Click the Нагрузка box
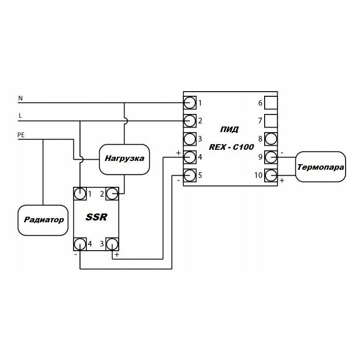(x=124, y=159)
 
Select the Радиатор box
(x=42, y=219)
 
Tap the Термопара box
(x=321, y=166)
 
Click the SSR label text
(x=97, y=217)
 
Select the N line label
(x=20, y=98)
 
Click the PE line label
(x=21, y=135)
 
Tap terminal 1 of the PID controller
(x=189, y=102)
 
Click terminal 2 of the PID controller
(x=189, y=120)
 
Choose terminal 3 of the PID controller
(x=189, y=139)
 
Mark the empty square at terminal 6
(x=271, y=102)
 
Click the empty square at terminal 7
(x=271, y=120)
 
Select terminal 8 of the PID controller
(x=271, y=139)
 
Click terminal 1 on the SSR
(x=80, y=193)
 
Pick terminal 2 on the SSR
(x=112, y=193)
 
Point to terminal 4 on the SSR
(x=80, y=244)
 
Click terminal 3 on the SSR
(x=112, y=244)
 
